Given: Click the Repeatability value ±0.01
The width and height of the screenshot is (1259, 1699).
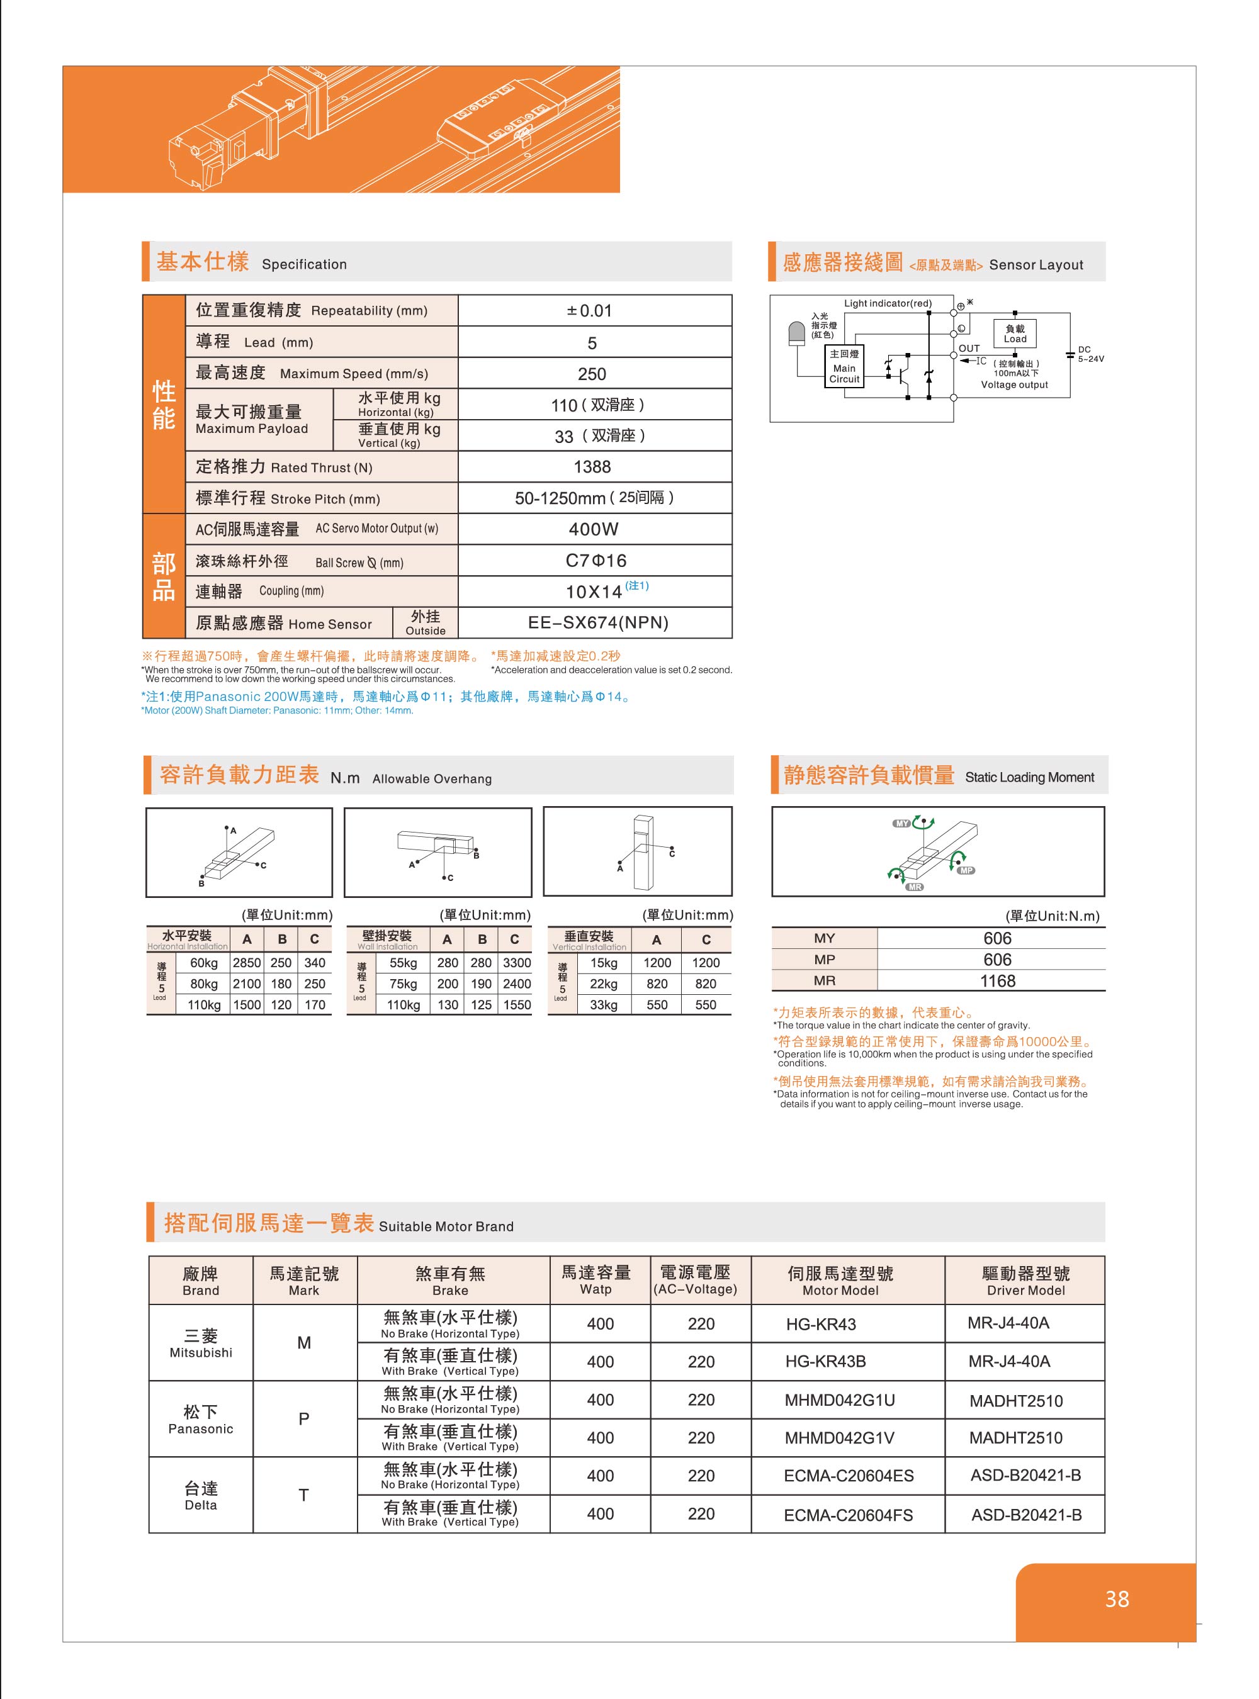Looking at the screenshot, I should point(590,311).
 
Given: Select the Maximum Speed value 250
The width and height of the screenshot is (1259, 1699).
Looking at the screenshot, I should point(592,374).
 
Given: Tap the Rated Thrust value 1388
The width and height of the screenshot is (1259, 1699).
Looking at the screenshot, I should point(592,467).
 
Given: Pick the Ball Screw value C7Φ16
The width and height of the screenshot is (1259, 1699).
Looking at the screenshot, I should point(596,561).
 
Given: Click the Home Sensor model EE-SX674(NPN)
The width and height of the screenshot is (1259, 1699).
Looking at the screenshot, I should point(598,622).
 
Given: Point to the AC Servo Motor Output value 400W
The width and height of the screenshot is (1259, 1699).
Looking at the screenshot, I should point(594,529).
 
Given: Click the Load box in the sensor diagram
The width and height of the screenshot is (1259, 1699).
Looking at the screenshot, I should point(1014,334).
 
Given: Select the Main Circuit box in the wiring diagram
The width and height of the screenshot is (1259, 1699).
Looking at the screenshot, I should point(844,366).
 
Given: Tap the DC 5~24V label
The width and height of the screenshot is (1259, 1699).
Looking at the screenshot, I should point(1090,354).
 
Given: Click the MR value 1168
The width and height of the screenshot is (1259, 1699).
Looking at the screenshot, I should point(998,981).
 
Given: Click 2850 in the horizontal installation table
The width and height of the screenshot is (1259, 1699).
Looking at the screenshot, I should point(247,963).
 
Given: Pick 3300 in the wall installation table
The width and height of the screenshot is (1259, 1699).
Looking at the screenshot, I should point(517,963).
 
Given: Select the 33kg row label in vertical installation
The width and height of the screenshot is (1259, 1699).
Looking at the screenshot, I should point(604,1005).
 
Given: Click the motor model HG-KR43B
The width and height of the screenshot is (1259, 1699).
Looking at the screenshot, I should point(825,1362).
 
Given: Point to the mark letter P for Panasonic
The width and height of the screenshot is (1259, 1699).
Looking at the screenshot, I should point(304,1418).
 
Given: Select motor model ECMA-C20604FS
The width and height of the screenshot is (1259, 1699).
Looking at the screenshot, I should point(848,1515).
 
